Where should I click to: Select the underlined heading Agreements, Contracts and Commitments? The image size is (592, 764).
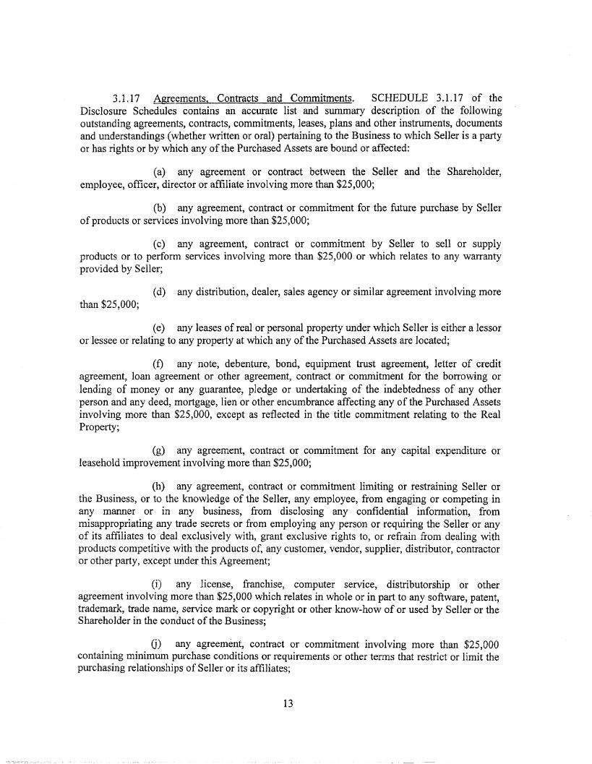point(253,98)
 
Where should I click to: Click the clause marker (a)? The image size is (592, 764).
point(162,171)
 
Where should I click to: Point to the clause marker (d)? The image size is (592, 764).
point(162,292)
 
